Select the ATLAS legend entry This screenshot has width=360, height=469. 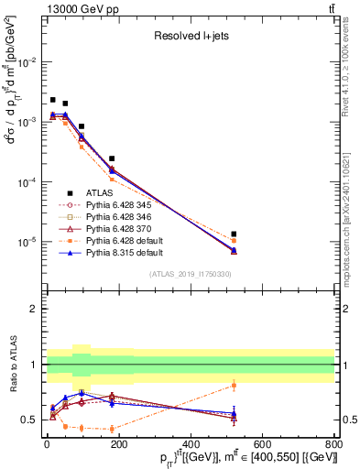pos(96,191)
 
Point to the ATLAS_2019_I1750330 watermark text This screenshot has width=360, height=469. pos(189,274)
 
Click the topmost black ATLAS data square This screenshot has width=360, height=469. pos(53,100)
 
